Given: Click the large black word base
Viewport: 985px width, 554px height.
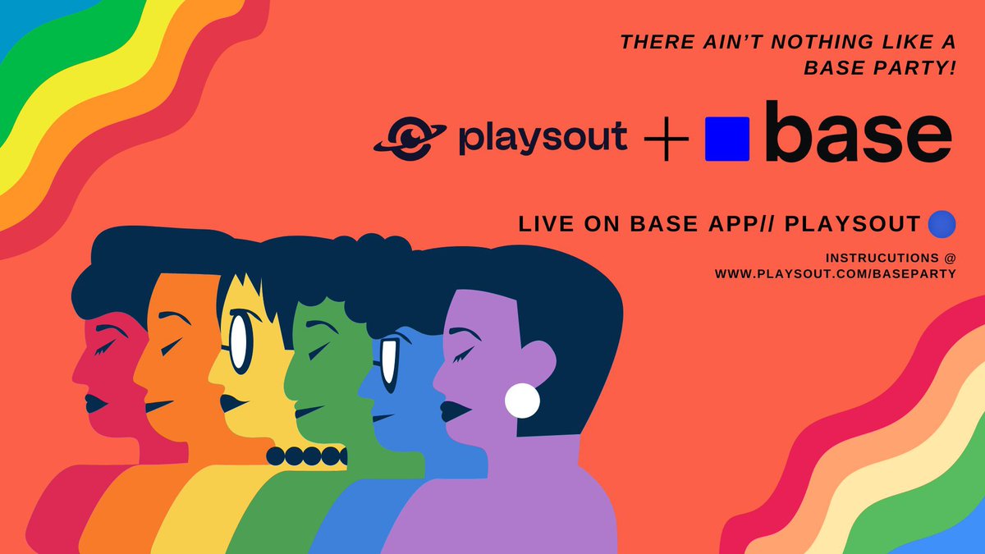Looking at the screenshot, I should coord(858,134).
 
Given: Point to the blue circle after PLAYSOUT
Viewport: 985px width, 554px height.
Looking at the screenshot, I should coord(941,223).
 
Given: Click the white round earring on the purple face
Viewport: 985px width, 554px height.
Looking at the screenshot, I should coord(522,401).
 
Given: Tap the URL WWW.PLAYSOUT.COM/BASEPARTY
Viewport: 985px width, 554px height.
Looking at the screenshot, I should coord(835,273).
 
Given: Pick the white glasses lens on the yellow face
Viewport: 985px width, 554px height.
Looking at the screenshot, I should coord(238,341).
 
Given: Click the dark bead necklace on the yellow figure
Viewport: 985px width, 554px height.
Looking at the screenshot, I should coord(306,455).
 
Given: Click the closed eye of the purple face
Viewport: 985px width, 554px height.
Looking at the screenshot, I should coord(463,354).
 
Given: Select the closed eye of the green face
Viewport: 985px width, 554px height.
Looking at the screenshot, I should coord(316,350).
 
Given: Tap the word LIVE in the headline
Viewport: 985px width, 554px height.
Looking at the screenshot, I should coord(543,224).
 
